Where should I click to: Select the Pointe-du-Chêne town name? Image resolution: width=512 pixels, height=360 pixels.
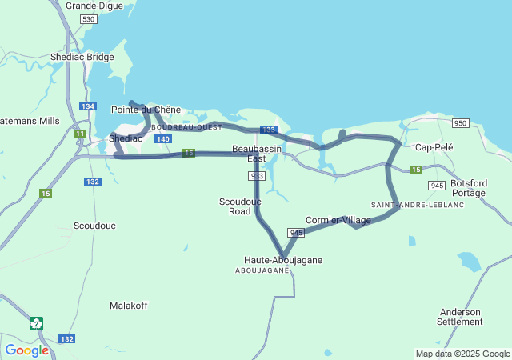pos(146,110)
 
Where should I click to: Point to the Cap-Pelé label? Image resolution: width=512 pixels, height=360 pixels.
pos(434,147)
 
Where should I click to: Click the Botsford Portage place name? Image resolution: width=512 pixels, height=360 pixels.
pos(468,188)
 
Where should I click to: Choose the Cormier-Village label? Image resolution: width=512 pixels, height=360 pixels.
pos(338,220)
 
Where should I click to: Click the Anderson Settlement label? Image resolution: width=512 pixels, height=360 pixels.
pos(460,317)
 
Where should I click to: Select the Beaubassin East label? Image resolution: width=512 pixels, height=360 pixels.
pos(256,154)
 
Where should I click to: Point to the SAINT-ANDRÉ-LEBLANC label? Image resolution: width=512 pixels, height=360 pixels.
pos(406,205)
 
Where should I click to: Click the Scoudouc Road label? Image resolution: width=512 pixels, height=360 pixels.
pos(240,206)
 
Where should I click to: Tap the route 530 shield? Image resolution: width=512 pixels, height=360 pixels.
pos(89,18)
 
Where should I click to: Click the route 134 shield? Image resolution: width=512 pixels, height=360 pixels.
pos(88,106)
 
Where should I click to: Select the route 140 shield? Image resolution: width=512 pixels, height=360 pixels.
pos(162,139)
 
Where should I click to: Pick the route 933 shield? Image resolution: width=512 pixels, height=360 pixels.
pos(257,176)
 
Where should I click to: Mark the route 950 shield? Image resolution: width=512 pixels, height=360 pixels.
pos(460,122)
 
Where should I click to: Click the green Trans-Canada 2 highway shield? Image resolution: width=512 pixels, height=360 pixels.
pos(36,323)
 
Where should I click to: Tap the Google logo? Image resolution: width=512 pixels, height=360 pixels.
pos(26,350)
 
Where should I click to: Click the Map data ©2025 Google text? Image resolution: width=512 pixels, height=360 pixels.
pos(462,354)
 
